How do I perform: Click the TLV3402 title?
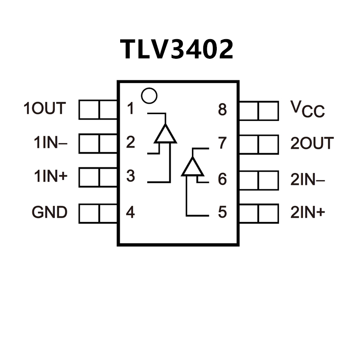[177, 49]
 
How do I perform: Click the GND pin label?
[49, 213]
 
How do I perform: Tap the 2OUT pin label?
[312, 143]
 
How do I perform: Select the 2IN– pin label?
[307, 178]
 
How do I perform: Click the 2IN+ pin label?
[307, 212]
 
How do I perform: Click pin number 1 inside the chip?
[130, 109]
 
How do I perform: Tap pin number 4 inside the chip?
[130, 213]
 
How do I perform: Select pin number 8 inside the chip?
[222, 110]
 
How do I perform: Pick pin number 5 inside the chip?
[222, 213]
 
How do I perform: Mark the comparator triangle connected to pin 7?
[192, 167]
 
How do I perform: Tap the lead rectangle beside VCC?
[259, 111]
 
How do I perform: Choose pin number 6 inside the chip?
[222, 179]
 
